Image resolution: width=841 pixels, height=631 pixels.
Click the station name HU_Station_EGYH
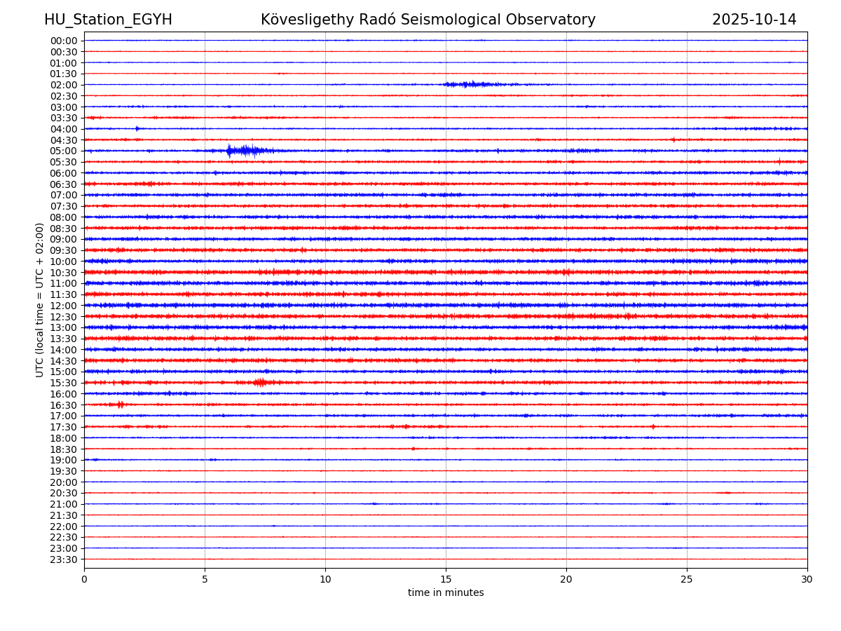coord(108,20)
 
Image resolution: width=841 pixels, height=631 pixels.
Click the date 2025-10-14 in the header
coord(754,20)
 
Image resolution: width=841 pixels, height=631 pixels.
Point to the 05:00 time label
coord(64,151)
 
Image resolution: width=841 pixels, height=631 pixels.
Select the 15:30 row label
coord(64,383)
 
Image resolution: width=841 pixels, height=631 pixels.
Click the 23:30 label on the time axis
coord(64,559)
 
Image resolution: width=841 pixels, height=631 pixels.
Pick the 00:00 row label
coord(64,41)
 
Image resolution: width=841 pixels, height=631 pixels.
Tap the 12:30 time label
coord(64,317)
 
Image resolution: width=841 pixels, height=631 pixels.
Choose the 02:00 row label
coord(64,85)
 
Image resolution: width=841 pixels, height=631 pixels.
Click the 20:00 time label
coord(64,482)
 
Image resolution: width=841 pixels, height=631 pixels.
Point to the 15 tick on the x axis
coord(446,580)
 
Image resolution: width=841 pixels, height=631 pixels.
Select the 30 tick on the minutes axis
coord(807,580)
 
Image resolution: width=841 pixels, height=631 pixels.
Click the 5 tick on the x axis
coord(205,580)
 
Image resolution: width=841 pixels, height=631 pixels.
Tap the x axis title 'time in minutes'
coord(446,593)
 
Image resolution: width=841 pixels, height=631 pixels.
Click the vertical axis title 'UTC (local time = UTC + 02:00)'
coord(40,299)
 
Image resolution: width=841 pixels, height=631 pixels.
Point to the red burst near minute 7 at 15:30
coord(260,382)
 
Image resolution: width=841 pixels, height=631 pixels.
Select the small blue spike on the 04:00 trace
coord(137,128)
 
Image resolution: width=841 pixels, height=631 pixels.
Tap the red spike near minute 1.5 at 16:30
coord(121,405)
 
